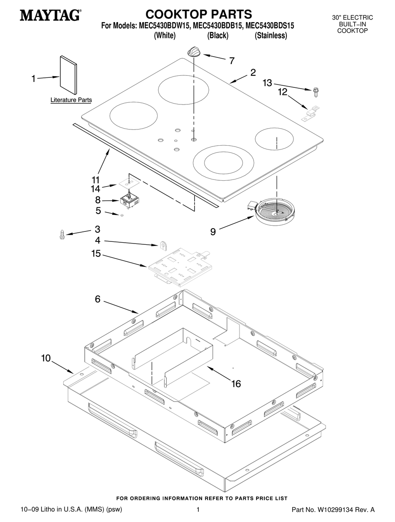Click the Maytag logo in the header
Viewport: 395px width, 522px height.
tap(50, 15)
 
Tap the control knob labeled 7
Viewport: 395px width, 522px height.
tap(194, 52)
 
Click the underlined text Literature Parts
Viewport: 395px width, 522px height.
tap(71, 100)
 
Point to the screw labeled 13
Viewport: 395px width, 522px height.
tap(316, 91)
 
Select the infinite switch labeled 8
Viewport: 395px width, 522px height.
tap(129, 201)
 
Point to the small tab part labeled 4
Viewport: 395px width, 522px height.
tap(164, 245)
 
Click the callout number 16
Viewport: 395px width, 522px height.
tap(236, 383)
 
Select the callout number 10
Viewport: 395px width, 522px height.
tap(46, 358)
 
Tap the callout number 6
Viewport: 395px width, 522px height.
tap(97, 299)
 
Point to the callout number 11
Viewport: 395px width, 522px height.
tap(96, 180)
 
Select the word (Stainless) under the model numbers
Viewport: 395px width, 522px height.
tap(271, 36)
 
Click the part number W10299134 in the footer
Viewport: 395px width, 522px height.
tap(336, 510)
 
